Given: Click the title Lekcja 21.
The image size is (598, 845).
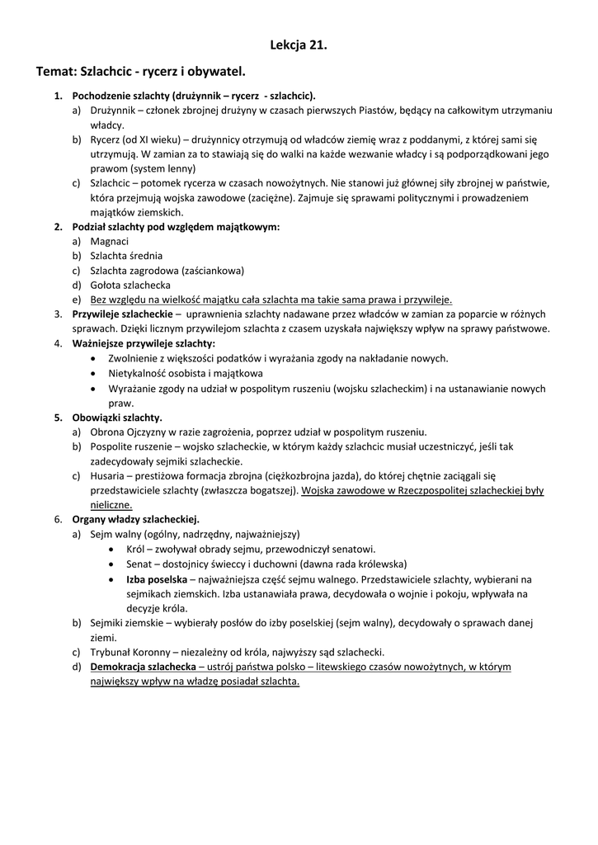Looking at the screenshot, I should coord(299,45).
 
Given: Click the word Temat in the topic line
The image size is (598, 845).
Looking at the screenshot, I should coord(55,73).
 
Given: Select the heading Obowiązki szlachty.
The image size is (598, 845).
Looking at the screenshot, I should coord(118,418).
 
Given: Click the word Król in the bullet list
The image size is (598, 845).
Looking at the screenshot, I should coord(135,549).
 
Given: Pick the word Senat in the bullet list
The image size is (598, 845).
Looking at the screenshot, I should coord(140,564).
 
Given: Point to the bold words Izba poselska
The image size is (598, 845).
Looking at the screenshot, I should coord(157,578).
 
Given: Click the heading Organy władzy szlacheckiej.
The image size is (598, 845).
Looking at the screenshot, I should coord(136,520).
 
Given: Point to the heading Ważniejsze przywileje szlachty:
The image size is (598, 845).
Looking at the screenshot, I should coord(144,343).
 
